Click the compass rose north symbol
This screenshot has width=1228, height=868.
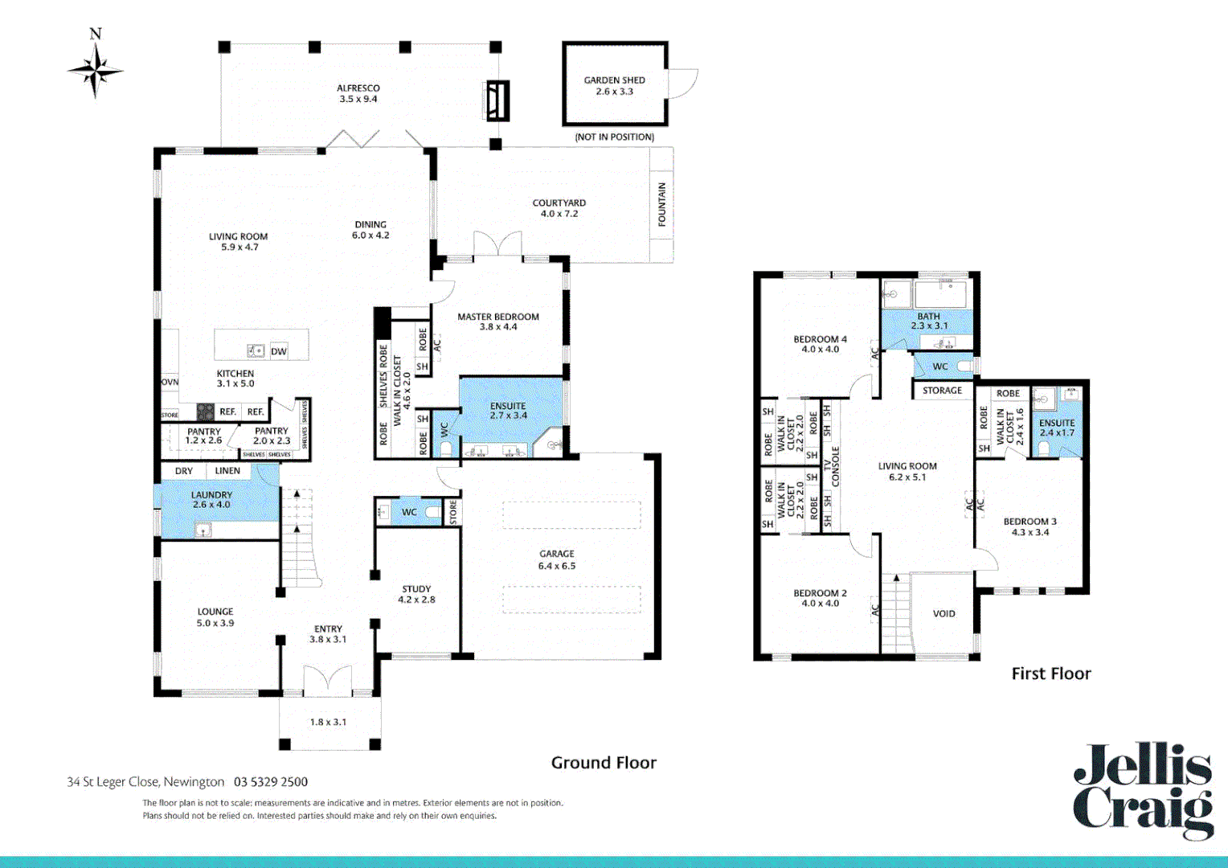[x=96, y=69]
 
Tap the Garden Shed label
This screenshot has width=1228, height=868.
[x=614, y=85]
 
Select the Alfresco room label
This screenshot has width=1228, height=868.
[x=358, y=93]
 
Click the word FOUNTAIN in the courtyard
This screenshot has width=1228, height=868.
[x=662, y=204]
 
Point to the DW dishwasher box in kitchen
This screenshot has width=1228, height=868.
[x=278, y=351]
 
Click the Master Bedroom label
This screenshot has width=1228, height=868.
[x=498, y=321]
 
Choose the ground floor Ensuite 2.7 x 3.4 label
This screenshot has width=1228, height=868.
[x=508, y=411]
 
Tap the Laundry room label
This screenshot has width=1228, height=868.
[x=211, y=500]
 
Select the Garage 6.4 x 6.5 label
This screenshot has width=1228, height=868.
[x=557, y=559]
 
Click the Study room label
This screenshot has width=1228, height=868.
[x=416, y=594]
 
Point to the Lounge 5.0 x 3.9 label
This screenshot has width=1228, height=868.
[x=215, y=617]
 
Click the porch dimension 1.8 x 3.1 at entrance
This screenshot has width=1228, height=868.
[x=328, y=722]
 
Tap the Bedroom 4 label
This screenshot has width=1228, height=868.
[x=820, y=344]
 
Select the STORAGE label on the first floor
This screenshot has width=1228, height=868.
[x=942, y=391]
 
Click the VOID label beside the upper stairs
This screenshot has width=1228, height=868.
[x=944, y=613]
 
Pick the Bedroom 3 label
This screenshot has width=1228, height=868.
[x=1029, y=526]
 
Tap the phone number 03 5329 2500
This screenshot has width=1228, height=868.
[x=271, y=782]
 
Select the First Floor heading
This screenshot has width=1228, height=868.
[x=1050, y=674]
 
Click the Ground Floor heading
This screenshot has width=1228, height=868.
[x=604, y=763]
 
